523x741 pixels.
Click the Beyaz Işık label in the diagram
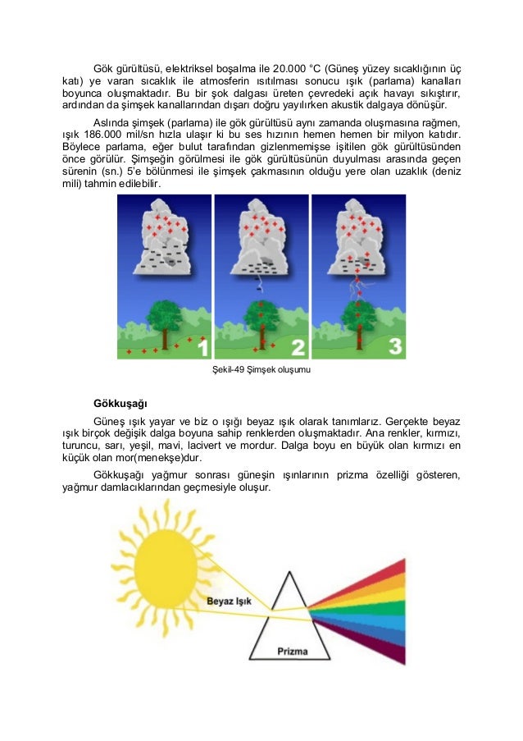coord(228,600)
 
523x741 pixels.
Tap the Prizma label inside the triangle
coord(293,652)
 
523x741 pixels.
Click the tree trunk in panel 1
coord(164,336)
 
